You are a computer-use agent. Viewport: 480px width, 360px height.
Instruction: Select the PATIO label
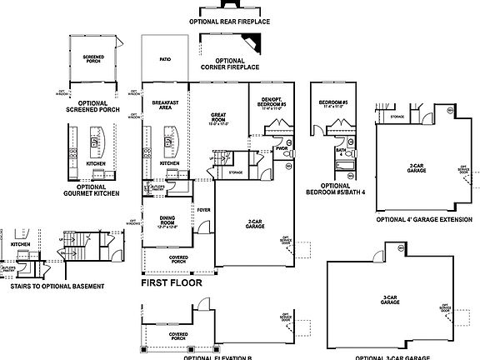pos(164,59)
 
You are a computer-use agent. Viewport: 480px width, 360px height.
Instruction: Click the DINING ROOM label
pos(167,222)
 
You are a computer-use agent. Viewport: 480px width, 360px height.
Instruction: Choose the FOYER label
pos(202,210)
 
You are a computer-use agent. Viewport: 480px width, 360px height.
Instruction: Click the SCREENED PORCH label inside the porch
pos(92,58)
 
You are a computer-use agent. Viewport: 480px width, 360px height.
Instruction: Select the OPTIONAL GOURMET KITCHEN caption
pos(92,190)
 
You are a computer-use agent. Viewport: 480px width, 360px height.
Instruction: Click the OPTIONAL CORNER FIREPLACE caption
pos(230,64)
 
